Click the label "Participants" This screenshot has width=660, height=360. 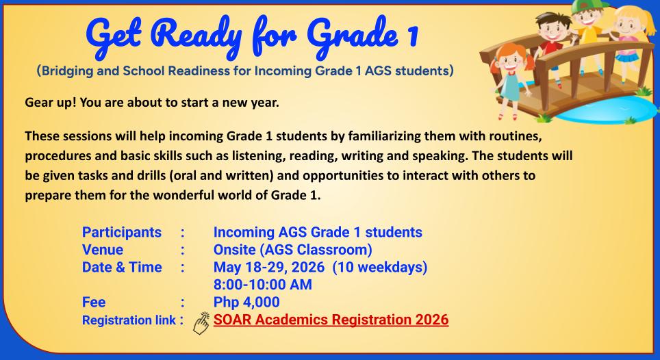(x=122, y=232)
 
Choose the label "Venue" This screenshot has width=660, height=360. (x=103, y=250)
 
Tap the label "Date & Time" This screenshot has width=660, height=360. (x=122, y=268)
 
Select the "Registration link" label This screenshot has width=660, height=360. (x=127, y=320)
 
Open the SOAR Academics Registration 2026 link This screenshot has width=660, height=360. (x=331, y=320)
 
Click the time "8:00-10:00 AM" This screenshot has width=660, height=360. (x=263, y=285)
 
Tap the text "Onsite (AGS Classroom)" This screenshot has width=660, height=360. (x=289, y=250)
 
